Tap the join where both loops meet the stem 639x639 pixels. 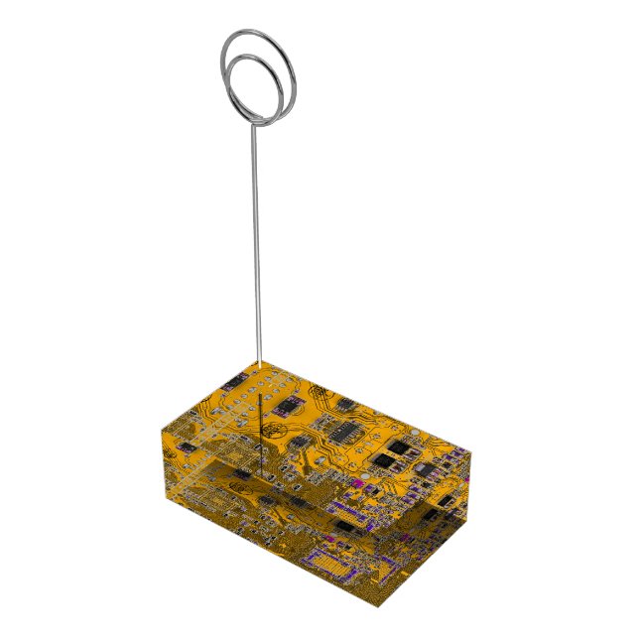255,119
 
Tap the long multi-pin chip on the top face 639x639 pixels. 343,432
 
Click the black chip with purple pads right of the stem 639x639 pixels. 289,405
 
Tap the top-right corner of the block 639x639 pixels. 470,451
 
